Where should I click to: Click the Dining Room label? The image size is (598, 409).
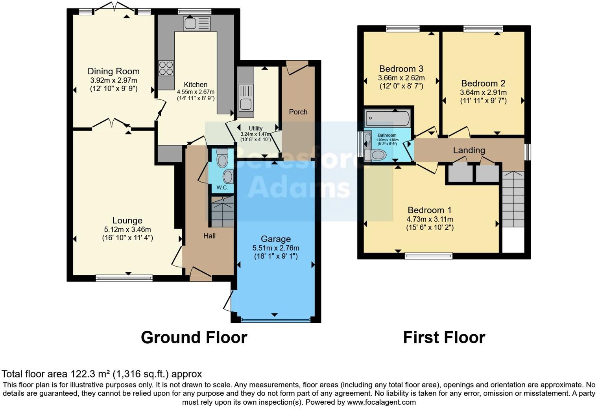tap(113, 71)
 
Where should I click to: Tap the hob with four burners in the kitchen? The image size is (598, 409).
tap(166, 68)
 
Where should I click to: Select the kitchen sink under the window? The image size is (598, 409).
tap(197, 23)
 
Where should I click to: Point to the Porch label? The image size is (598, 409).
tap(298, 112)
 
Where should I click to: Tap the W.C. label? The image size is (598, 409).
tap(222, 188)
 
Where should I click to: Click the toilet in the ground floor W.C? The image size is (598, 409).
tap(222, 158)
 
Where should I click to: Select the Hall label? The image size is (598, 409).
tap(209, 236)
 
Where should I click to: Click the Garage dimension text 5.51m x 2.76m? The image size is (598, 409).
tap(276, 248)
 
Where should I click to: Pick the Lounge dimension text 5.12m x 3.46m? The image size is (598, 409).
tap(127, 229)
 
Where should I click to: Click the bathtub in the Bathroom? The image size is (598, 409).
tap(388, 118)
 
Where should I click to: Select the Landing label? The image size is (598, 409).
tap(469, 150)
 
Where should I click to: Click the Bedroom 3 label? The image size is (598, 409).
tap(401, 69)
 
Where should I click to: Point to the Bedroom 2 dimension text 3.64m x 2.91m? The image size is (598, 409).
tap(483, 92)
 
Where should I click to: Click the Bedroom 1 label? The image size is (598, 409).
tap(430, 210)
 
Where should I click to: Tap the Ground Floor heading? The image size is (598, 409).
tap(194, 337)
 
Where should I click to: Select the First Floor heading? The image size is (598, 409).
tap(444, 337)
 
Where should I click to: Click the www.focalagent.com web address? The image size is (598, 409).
tap(381, 402)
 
